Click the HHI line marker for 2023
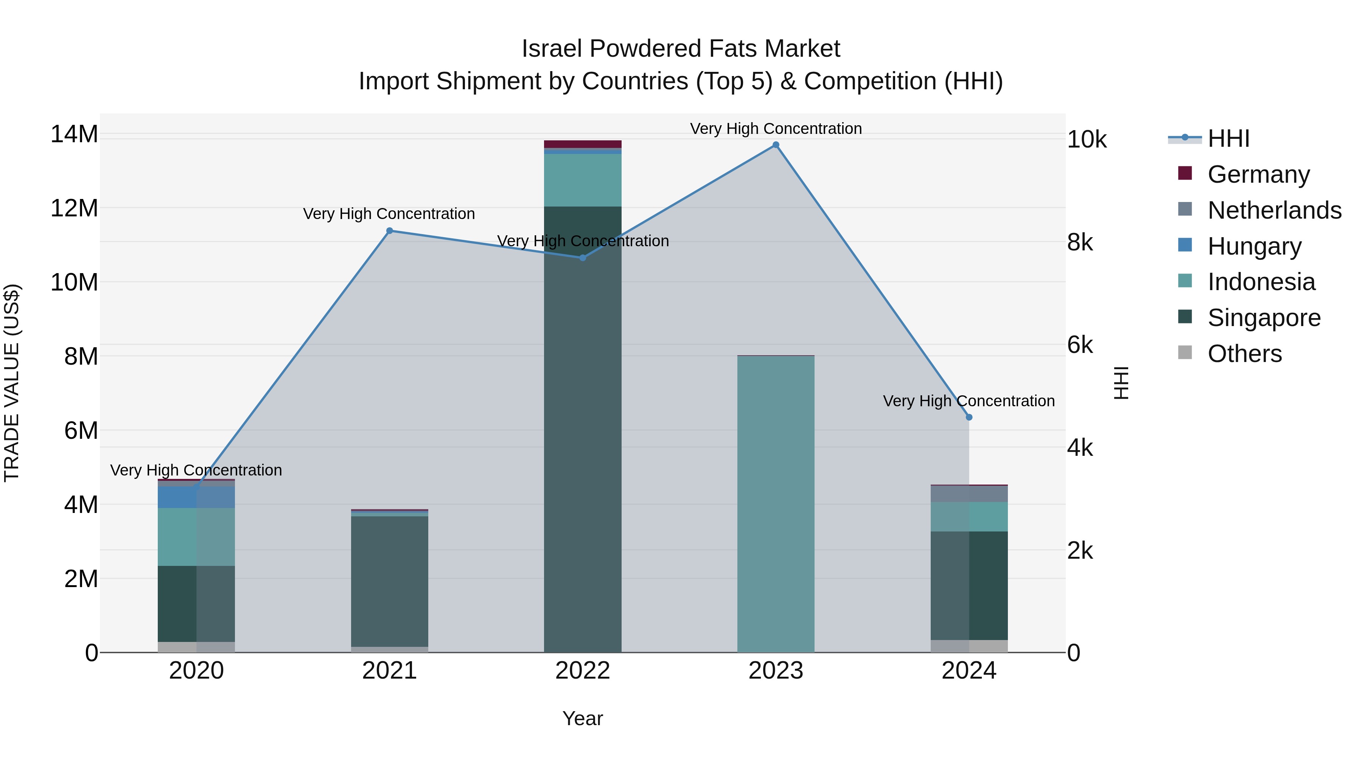tap(776, 145)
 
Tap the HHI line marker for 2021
tap(390, 230)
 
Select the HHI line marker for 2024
tap(969, 417)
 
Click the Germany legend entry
tap(1258, 174)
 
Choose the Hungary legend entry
tap(1254, 246)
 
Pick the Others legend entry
tap(1245, 354)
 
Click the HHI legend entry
tap(1228, 138)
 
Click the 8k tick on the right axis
tap(1080, 242)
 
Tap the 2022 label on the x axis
tap(583, 671)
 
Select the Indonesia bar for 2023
tap(776, 502)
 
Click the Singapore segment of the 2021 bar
tap(390, 581)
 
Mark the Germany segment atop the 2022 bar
tap(583, 144)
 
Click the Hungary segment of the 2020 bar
tap(196, 497)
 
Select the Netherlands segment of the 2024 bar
tap(969, 494)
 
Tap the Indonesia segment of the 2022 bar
tap(583, 180)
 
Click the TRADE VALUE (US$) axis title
tap(12, 383)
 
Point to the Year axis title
tap(583, 718)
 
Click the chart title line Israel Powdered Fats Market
tap(681, 49)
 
